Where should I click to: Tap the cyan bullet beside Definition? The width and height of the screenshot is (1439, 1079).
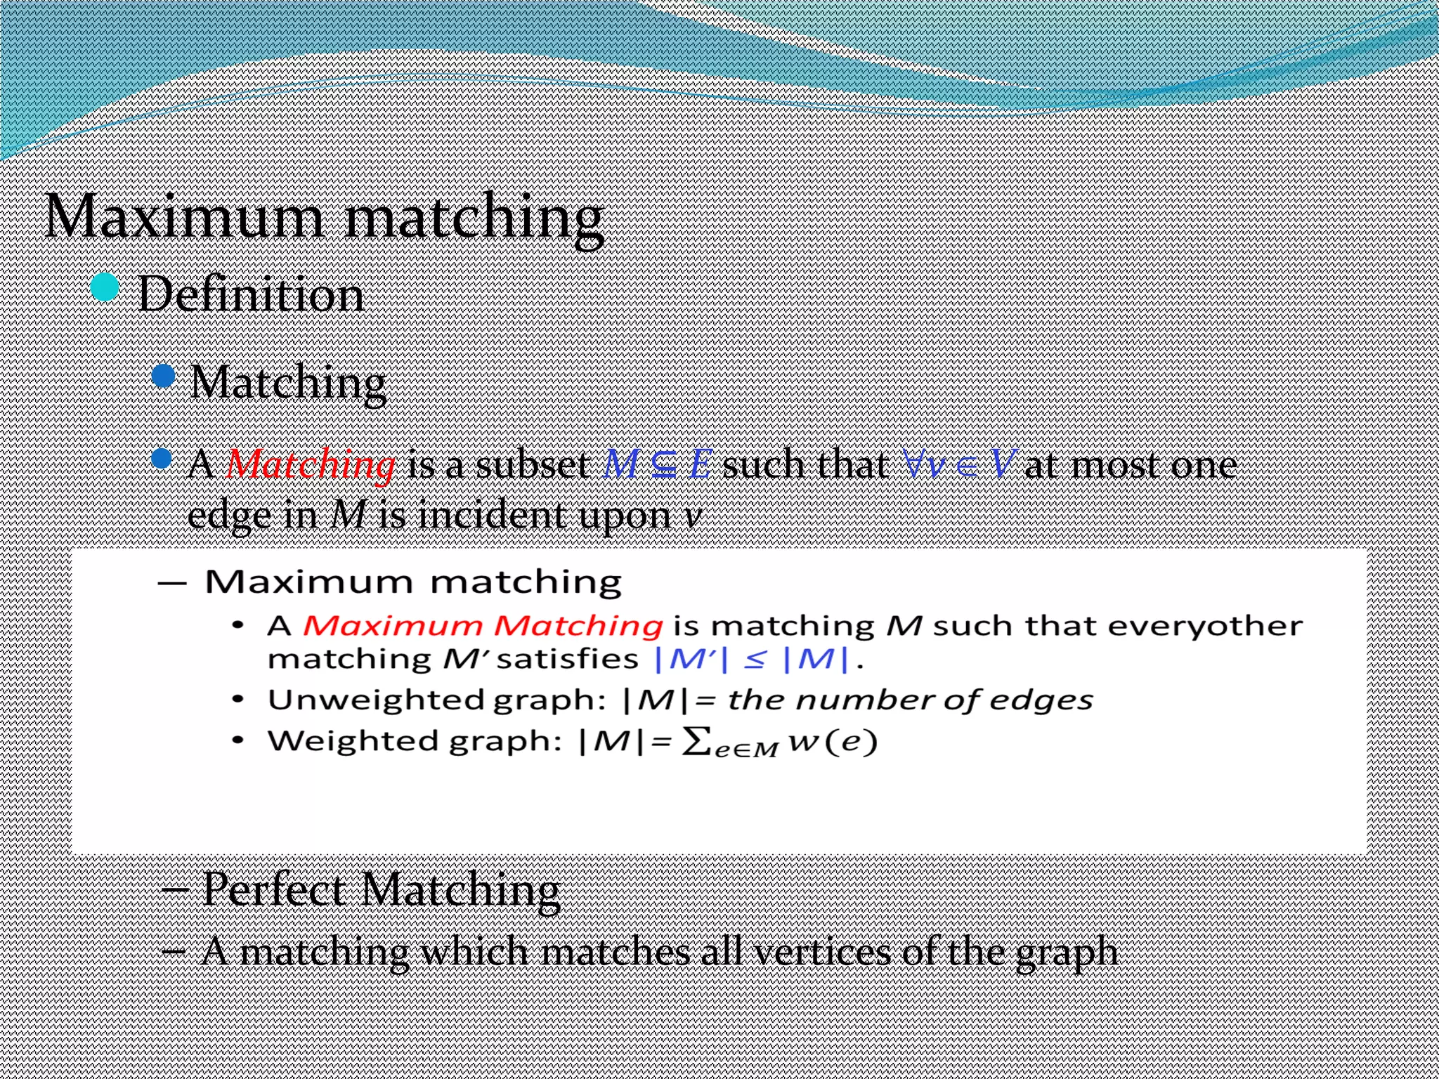(105, 287)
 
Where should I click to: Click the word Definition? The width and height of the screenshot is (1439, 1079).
(251, 294)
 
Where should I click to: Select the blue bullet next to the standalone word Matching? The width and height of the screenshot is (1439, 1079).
(163, 376)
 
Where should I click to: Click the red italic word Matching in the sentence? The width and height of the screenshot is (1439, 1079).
(311, 464)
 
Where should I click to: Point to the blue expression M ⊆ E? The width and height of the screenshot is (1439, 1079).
(658, 464)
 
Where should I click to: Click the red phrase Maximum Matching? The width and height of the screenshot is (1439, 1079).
(483, 625)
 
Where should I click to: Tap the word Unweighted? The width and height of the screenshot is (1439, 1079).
(375, 700)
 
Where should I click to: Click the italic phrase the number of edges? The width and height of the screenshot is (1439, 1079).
(910, 700)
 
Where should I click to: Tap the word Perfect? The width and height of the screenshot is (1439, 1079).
(274, 889)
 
